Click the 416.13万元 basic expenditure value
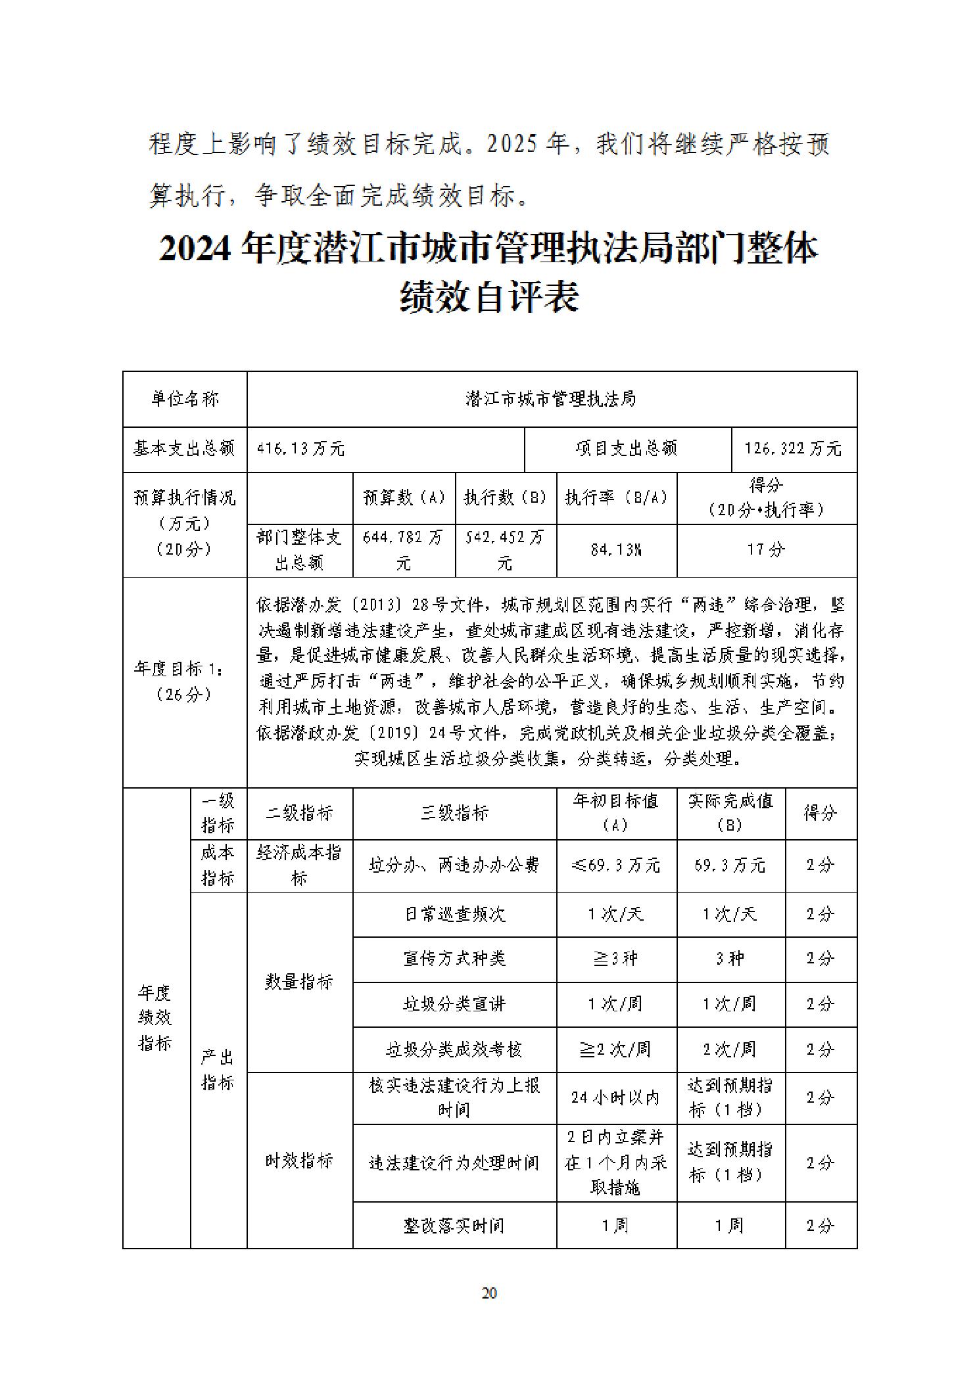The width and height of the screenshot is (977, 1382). pyautogui.click(x=301, y=449)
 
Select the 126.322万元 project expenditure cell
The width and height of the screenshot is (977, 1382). pyautogui.click(x=793, y=449)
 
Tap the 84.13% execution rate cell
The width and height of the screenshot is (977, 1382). pyautogui.click(x=616, y=550)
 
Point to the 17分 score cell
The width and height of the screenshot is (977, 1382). pyautogui.click(x=766, y=550)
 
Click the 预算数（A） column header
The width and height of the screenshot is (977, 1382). pyautogui.click(x=404, y=497)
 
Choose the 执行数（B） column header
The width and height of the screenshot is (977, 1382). pyautogui.click(x=505, y=497)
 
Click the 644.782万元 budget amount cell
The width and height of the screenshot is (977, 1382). pyautogui.click(x=404, y=550)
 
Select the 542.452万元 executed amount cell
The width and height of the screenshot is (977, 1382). pyautogui.click(x=505, y=550)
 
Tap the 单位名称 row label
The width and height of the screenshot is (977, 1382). pyautogui.click(x=185, y=399)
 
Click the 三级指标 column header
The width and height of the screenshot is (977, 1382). pyautogui.click(x=454, y=813)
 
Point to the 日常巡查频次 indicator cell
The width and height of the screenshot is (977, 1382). pyautogui.click(x=454, y=914)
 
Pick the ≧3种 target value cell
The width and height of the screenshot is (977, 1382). pyautogui.click(x=616, y=959)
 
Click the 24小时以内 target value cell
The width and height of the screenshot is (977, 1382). pyautogui.click(x=616, y=1097)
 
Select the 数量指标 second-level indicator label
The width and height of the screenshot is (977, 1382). pyautogui.click(x=299, y=982)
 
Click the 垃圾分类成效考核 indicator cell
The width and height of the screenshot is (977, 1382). pyautogui.click(x=454, y=1049)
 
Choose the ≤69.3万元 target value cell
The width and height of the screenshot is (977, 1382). pyautogui.click(x=616, y=865)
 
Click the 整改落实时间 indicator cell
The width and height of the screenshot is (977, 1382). pyautogui.click(x=454, y=1225)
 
